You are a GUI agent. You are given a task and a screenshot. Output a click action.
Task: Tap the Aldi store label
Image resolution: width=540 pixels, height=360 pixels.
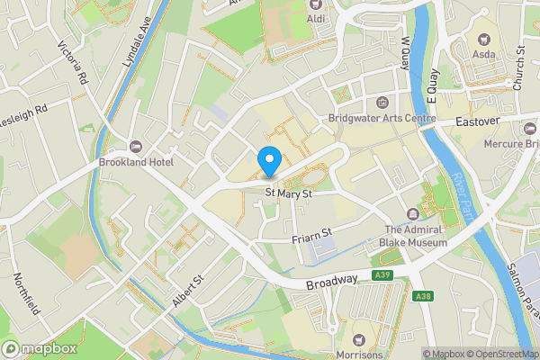pos(316,18)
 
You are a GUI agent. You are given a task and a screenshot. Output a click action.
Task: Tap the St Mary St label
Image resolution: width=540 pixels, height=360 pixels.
pos(289,192)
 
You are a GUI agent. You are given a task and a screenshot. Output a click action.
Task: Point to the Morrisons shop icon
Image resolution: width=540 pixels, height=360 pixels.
pos(359,339)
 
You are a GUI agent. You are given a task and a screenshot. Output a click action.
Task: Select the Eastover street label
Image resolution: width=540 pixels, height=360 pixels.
pos(476,121)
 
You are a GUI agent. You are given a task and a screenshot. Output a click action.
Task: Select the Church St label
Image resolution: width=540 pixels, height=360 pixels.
pos(518,68)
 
